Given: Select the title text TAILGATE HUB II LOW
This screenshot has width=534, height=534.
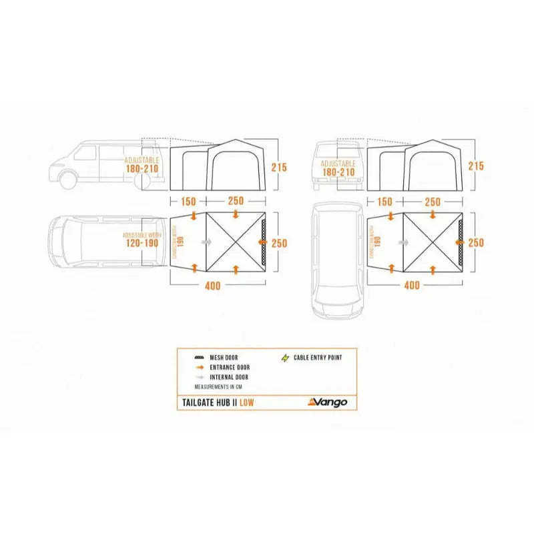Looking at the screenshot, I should [218, 402].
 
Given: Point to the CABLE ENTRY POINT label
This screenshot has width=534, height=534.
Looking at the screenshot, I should [318, 358].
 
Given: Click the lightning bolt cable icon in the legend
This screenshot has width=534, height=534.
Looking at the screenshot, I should [286, 358].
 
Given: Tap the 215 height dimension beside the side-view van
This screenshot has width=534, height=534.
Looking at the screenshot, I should [279, 167].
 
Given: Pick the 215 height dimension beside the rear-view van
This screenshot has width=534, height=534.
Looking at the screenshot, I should [476, 167].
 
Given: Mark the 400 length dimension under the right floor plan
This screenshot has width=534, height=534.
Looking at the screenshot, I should [412, 286].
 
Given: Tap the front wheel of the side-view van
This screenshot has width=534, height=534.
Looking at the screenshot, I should [67, 179].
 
